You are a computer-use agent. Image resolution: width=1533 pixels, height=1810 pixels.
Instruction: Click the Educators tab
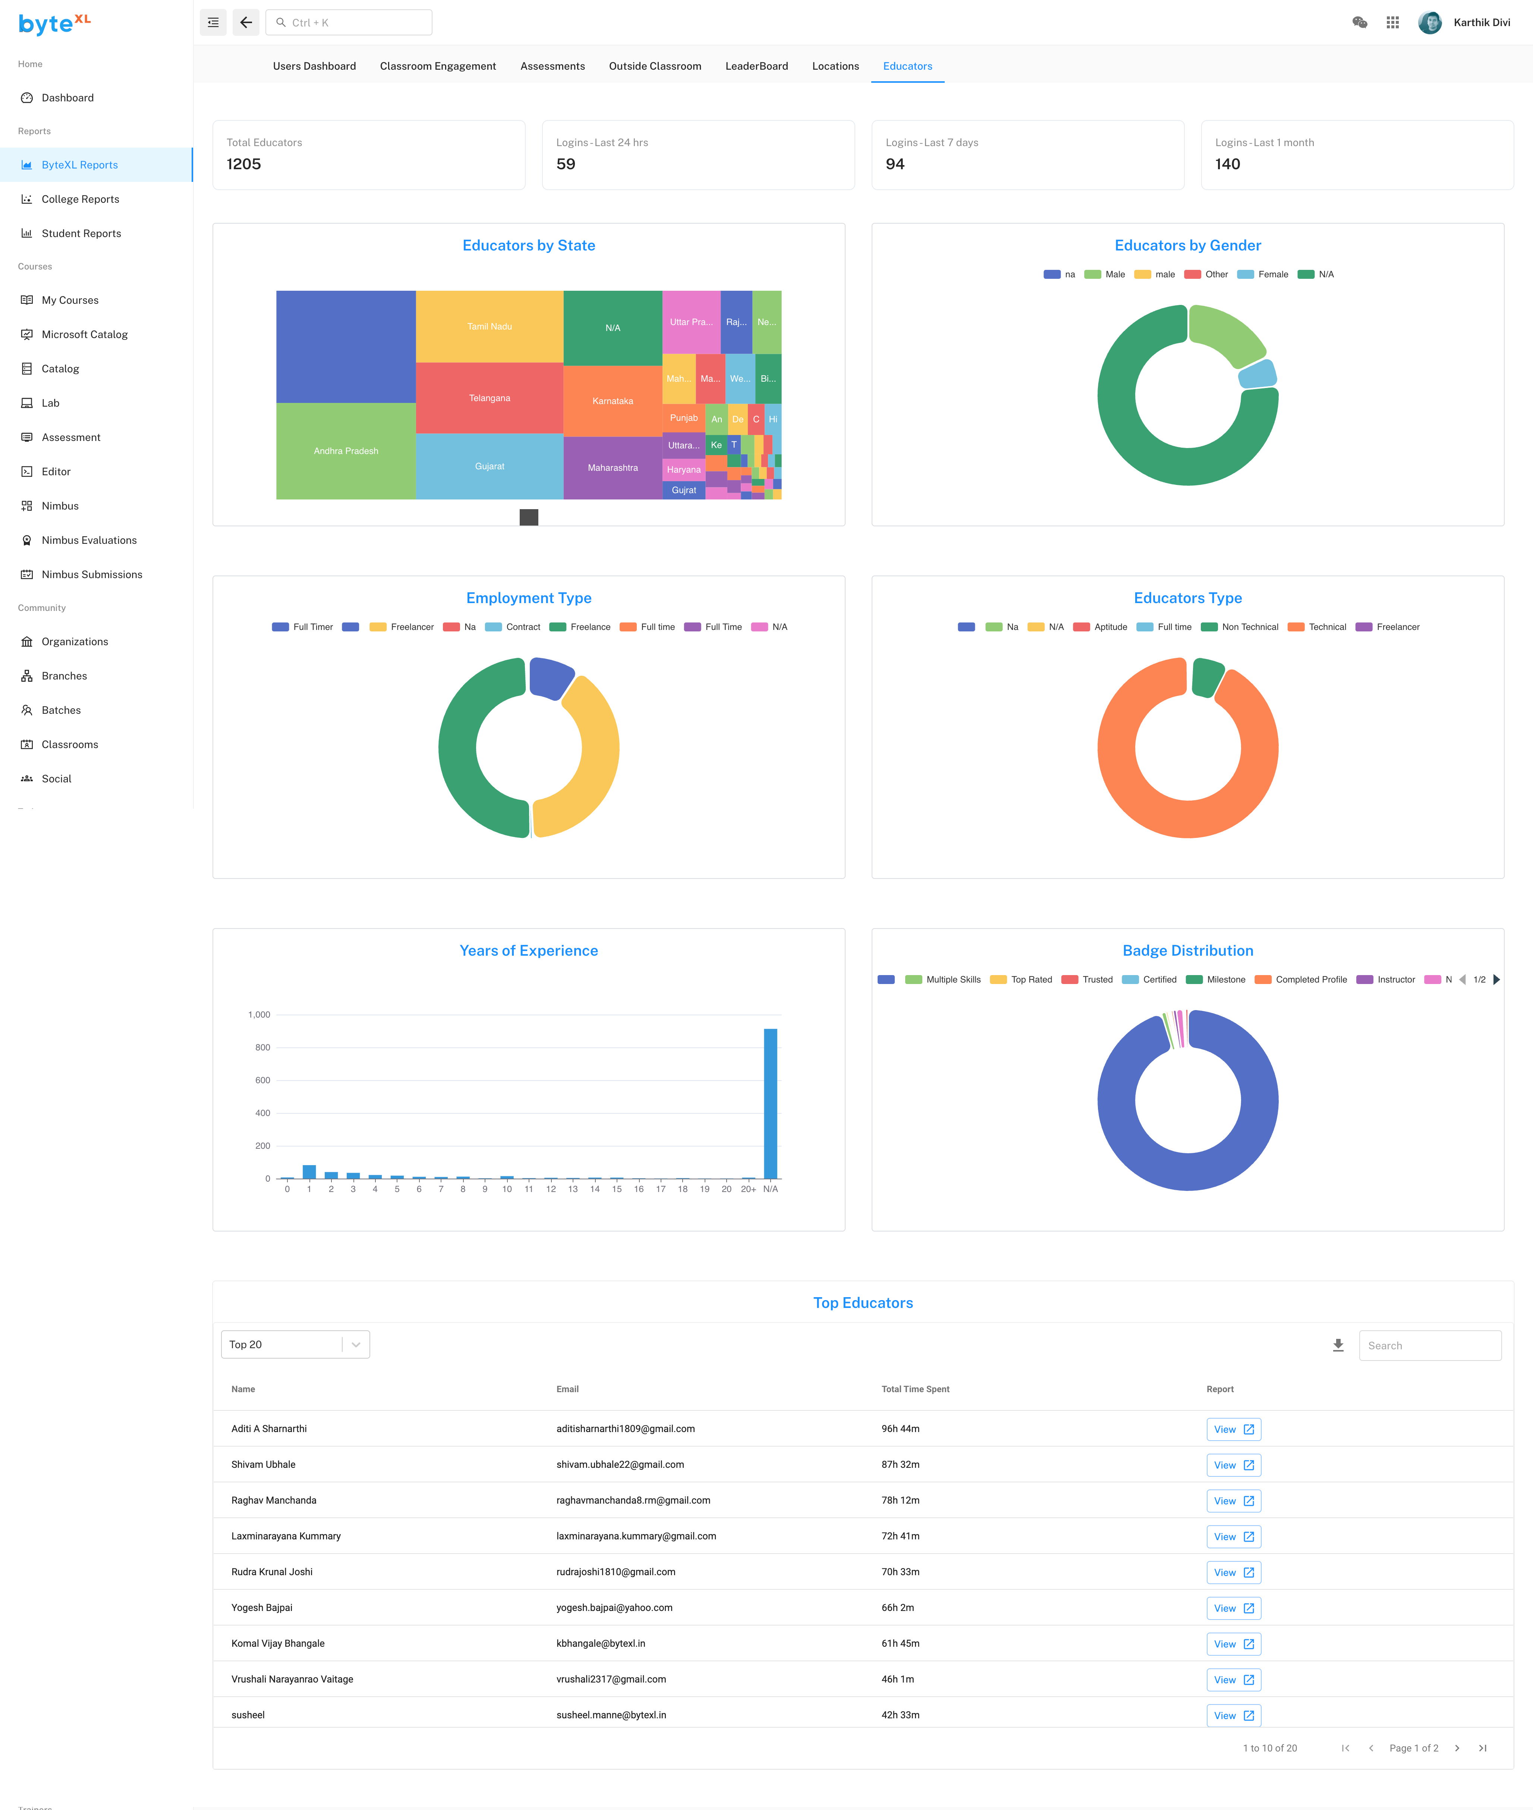click(x=907, y=66)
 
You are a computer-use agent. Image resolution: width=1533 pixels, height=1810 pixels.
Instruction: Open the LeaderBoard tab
click(x=756, y=66)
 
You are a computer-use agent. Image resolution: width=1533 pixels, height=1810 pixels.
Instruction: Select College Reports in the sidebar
click(x=80, y=199)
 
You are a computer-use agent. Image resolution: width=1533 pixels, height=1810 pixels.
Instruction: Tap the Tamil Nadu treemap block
click(x=489, y=327)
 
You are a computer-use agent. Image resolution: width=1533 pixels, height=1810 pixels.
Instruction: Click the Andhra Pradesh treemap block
click(x=346, y=451)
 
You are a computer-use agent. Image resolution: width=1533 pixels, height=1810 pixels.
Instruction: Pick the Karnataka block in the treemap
click(x=613, y=401)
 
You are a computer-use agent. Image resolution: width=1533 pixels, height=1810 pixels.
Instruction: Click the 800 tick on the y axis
click(x=262, y=1047)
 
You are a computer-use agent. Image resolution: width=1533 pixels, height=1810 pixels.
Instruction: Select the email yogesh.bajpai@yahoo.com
click(x=614, y=1608)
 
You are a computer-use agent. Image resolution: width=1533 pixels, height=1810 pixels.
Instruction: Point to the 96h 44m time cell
click(x=900, y=1429)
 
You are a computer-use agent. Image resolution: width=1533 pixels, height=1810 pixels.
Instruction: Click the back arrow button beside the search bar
click(x=246, y=23)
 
